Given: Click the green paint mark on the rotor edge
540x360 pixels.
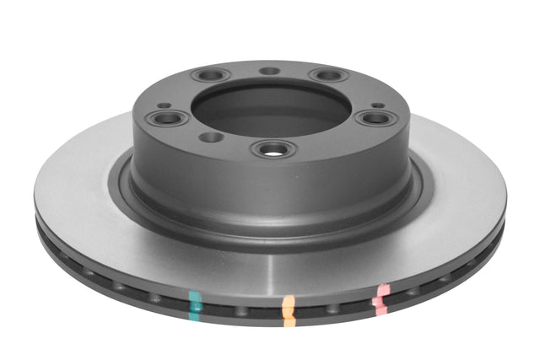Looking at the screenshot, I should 196,302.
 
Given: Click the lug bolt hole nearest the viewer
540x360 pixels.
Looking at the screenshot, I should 273,149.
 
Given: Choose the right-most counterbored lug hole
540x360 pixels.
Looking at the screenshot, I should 373,117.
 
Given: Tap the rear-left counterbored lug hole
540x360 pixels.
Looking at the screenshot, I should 211,75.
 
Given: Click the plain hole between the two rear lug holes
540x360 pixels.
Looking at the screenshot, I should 269,71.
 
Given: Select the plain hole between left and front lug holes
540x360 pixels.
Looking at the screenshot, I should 212,137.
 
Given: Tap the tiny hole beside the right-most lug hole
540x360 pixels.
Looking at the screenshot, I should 380,105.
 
